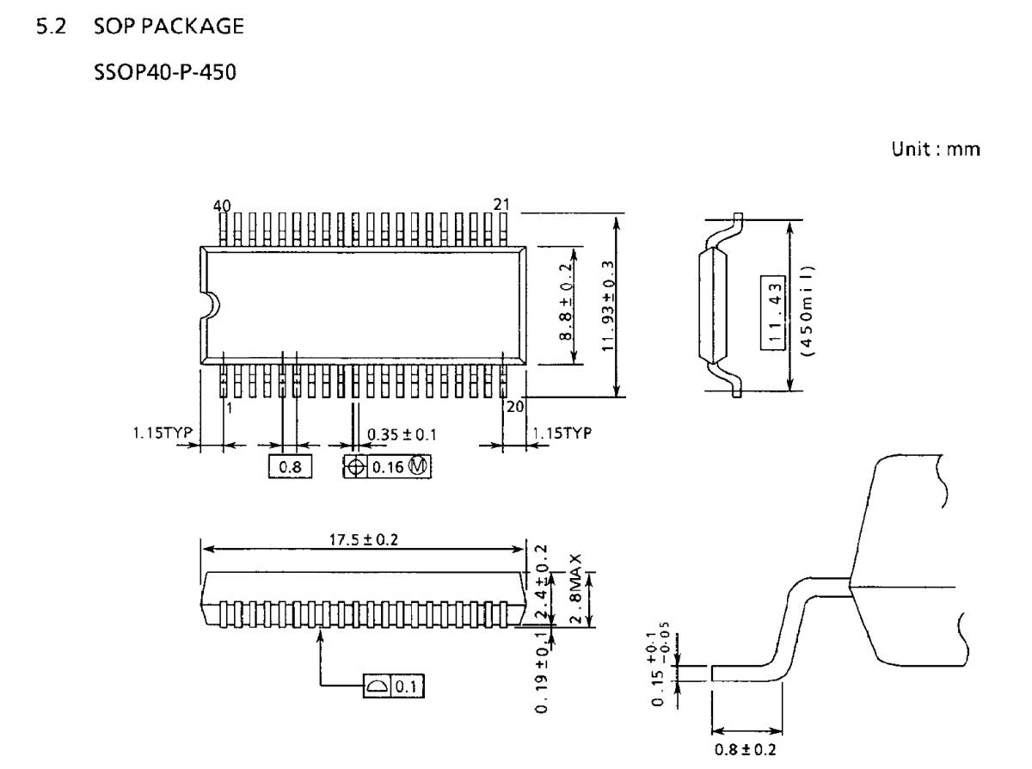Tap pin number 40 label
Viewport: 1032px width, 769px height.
[222, 205]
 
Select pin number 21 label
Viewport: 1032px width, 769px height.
[502, 204]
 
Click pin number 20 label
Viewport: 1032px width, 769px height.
[515, 407]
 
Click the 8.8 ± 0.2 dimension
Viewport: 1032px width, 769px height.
[568, 302]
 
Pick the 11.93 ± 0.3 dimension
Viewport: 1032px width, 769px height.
[607, 305]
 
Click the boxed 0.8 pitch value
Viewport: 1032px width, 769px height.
[289, 467]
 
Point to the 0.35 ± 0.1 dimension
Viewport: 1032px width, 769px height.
[402, 434]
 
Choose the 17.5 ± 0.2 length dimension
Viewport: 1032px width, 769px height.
[364, 540]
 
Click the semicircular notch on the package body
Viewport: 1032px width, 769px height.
[209, 305]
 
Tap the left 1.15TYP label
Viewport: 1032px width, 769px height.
[154, 433]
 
